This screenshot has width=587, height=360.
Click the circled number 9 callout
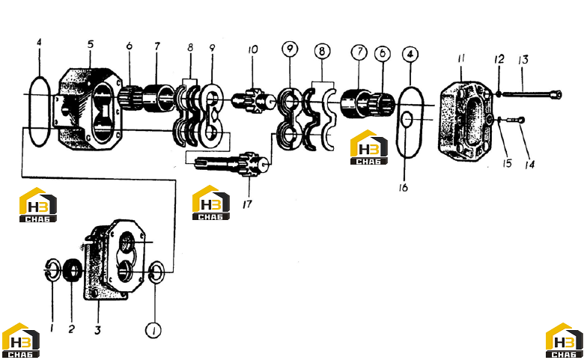(x=290, y=48)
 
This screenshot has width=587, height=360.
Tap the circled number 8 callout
(x=322, y=51)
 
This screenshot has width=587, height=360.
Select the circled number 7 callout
(x=359, y=52)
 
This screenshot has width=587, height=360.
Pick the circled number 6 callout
(x=382, y=54)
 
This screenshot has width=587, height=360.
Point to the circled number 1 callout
(x=153, y=331)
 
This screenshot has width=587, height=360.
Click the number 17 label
(x=247, y=204)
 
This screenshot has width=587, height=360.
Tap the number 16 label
(x=403, y=187)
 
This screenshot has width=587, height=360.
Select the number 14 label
(x=529, y=164)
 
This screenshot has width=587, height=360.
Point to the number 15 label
(x=508, y=163)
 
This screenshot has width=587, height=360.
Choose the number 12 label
(x=499, y=59)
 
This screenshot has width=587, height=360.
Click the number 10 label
(x=253, y=49)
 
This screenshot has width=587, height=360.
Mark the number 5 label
(x=91, y=44)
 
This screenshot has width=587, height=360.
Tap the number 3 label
(x=97, y=330)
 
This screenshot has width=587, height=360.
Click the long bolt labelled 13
(x=532, y=94)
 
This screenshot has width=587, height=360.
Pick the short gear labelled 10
(x=254, y=99)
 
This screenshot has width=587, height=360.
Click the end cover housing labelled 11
(x=466, y=121)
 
